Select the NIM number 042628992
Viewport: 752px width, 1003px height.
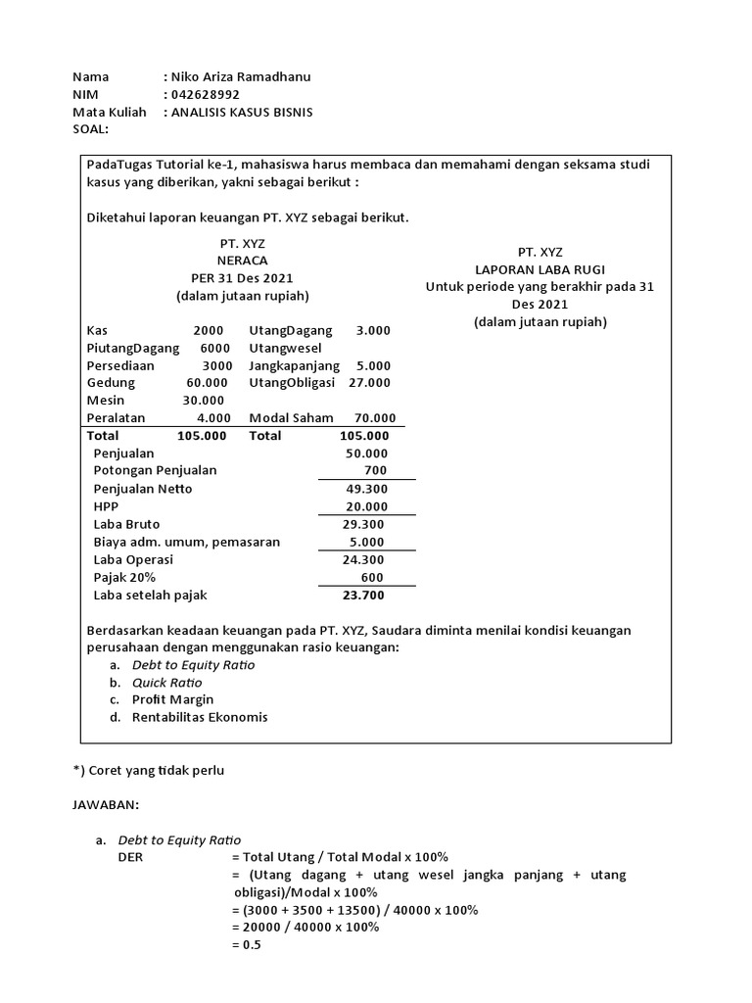point(206,94)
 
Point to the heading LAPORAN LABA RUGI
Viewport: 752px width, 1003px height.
point(539,268)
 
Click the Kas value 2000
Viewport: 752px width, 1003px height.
point(208,330)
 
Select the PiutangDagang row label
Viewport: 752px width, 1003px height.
point(132,348)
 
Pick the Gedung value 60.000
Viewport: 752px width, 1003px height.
point(207,382)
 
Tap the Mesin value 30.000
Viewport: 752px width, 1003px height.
point(204,400)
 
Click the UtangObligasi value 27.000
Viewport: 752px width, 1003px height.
point(369,382)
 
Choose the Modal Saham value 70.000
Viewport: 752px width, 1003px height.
point(375,417)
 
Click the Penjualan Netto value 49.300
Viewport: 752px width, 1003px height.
point(367,488)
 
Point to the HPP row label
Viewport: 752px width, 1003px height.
point(105,506)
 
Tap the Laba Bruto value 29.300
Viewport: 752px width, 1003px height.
point(367,524)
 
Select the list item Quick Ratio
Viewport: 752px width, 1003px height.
point(167,682)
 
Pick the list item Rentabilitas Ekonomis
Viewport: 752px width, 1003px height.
point(200,717)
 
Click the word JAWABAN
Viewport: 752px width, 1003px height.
point(107,804)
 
